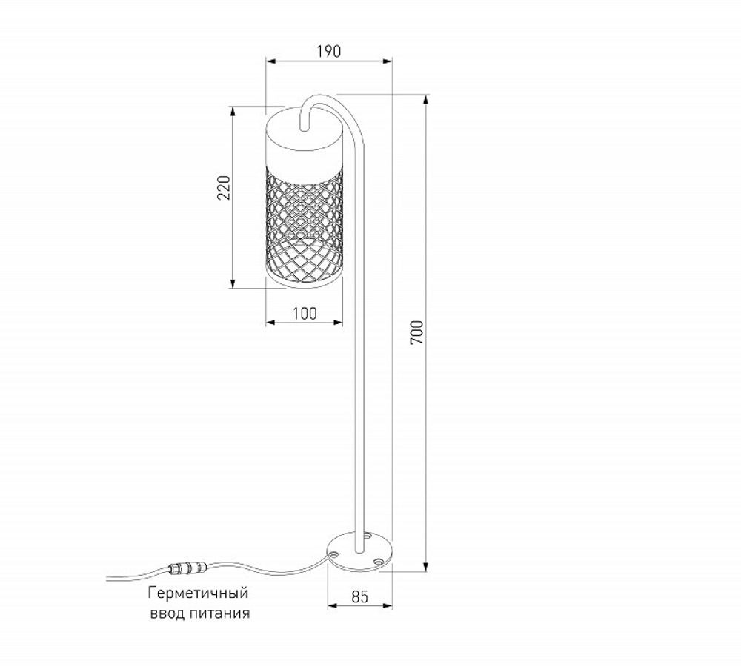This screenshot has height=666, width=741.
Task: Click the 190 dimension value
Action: pos(329,51)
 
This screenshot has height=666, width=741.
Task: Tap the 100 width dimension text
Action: pos(304,313)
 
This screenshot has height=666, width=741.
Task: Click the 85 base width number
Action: pos(359,596)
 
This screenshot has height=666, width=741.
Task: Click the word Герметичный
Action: pos(197,594)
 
